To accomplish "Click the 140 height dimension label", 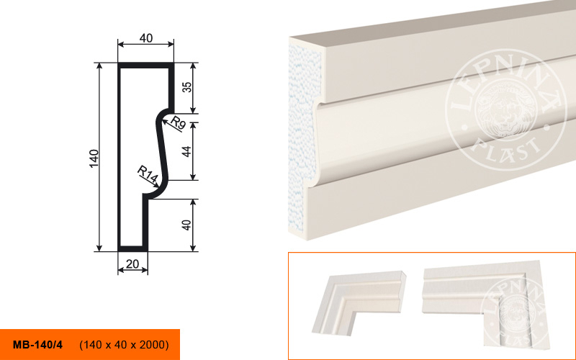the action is click(x=94, y=158).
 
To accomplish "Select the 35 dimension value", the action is click(x=186, y=87).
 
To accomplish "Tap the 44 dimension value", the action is click(x=186, y=151).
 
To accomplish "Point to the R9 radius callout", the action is click(x=178, y=122).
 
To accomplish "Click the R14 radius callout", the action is click(x=148, y=174).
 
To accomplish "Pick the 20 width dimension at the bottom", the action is click(x=132, y=264).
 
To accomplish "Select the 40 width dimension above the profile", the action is click(x=146, y=38).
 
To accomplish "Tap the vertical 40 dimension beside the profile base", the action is click(x=186, y=225).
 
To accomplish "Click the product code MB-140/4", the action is click(x=37, y=345).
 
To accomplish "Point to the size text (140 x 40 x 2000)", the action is click(x=124, y=345).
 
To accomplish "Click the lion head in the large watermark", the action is click(x=505, y=109).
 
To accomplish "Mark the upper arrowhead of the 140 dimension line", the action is click(x=99, y=66).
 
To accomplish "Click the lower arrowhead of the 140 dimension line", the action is click(x=99, y=248).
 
